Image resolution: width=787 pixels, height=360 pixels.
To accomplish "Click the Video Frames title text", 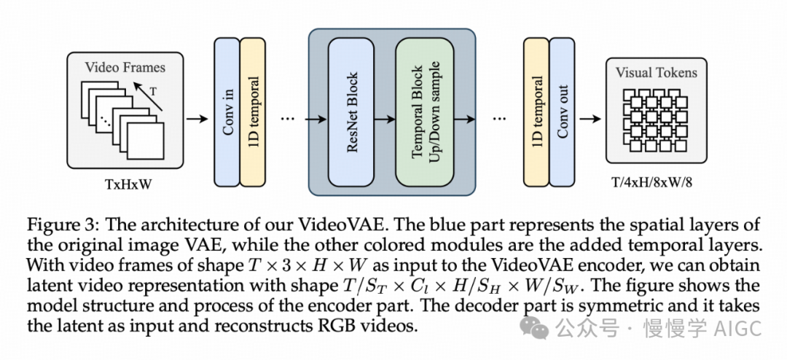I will pos(125,68).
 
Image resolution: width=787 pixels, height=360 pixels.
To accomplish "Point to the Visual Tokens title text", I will pos(656,73).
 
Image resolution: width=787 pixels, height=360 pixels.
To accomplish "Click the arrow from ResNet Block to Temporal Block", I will pos(385,117).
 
